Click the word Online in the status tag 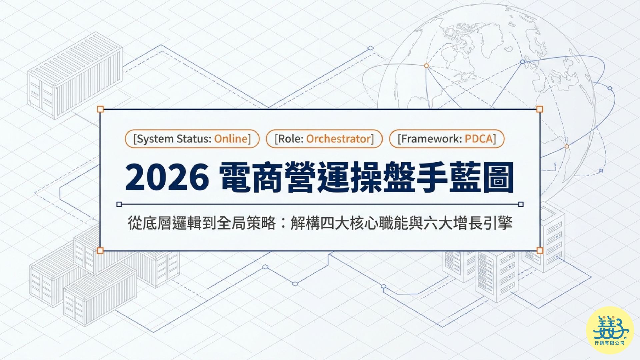pyautogui.click(x=231, y=139)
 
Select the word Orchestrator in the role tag pyautogui.click(x=338, y=139)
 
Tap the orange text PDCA pyautogui.click(x=479, y=139)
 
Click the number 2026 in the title pyautogui.click(x=167, y=177)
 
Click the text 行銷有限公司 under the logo pyautogui.click(x=610, y=343)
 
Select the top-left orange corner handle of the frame pyautogui.click(x=100, y=109)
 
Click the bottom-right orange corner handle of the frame pyautogui.click(x=540, y=250)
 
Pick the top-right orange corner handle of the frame pyautogui.click(x=540, y=109)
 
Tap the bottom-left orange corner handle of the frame pyautogui.click(x=100, y=250)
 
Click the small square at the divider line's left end pyautogui.click(x=119, y=204)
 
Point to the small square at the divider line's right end pyautogui.click(x=521, y=204)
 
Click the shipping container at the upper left pyautogui.click(x=75, y=75)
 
